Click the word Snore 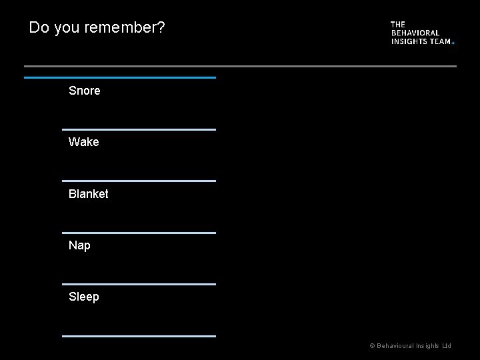(x=84, y=91)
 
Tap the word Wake (x=83, y=142)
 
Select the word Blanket (x=88, y=194)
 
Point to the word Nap (x=79, y=245)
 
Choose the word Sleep (x=83, y=297)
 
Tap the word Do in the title (x=39, y=28)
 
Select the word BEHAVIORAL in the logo (x=415, y=33)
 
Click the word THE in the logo (x=398, y=25)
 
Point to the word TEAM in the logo (x=441, y=41)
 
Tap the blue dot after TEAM (x=453, y=43)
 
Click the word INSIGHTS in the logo (x=409, y=41)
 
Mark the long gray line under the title (x=240, y=66)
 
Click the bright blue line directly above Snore (x=120, y=78)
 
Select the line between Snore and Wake (x=139, y=129)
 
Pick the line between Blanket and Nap (x=139, y=233)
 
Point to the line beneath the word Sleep (x=139, y=336)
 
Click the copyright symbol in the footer (x=372, y=346)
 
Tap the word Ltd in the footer (x=447, y=346)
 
